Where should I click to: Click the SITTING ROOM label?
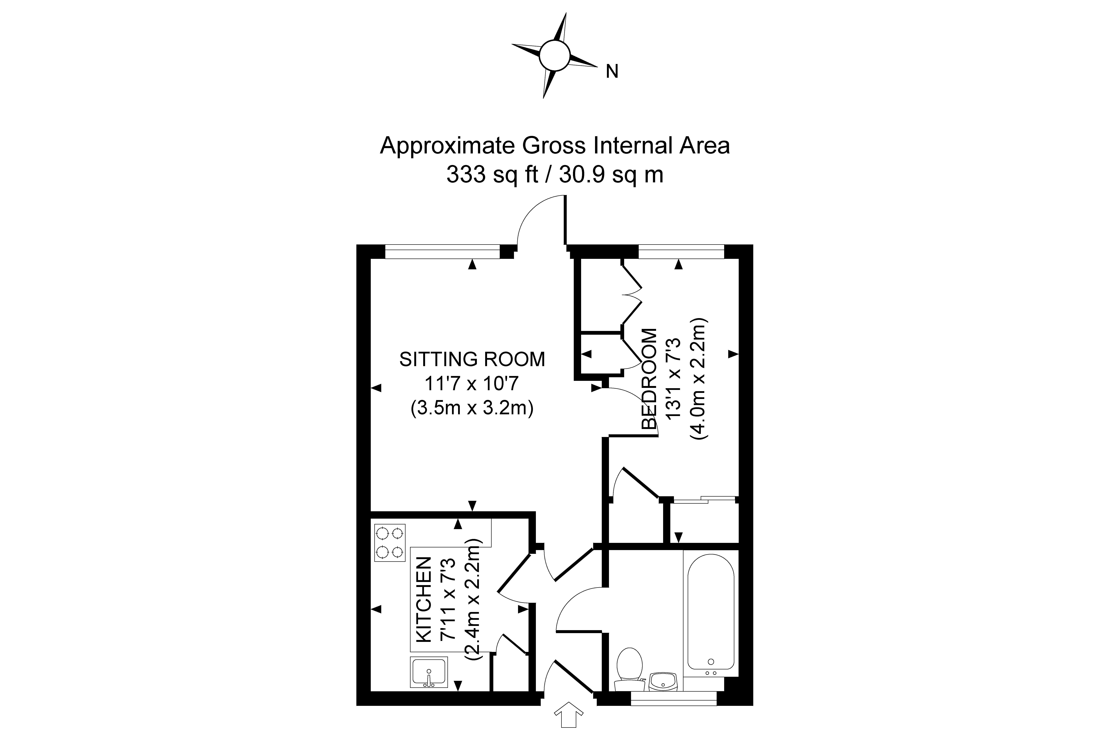(472, 359)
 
